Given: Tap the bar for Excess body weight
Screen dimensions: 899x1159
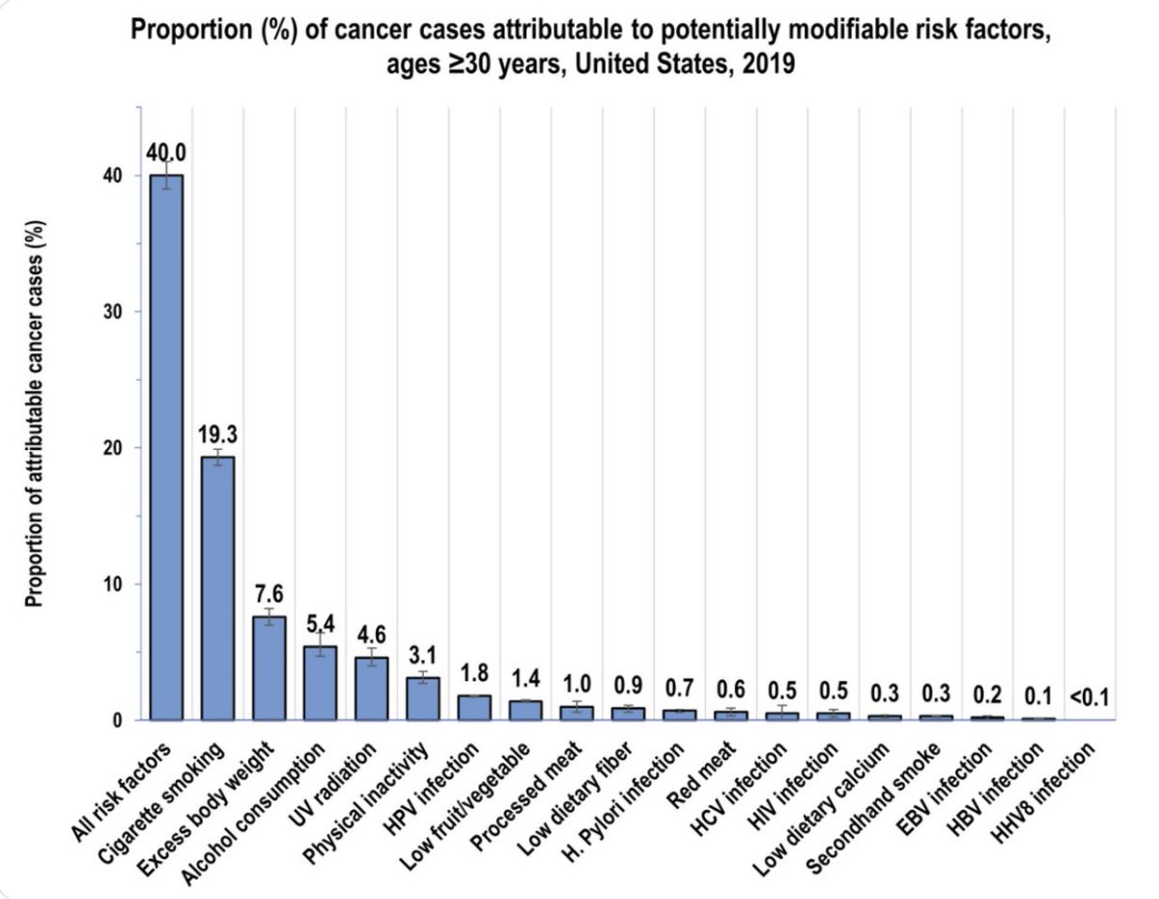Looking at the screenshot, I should [x=269, y=667].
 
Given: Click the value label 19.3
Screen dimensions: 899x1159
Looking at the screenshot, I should [x=217, y=432].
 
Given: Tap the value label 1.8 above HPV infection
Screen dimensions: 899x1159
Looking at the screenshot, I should [x=474, y=671].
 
